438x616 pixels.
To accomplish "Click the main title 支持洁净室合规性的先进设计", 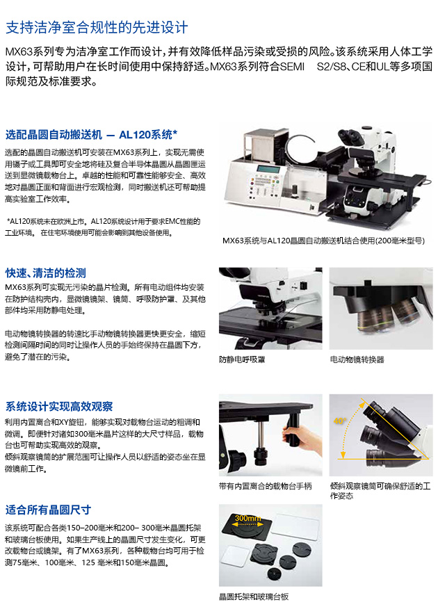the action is tap(97, 28).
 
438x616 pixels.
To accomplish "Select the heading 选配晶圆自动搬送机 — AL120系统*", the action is tap(91, 135).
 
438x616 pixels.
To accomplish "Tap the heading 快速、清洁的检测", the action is tap(46, 273).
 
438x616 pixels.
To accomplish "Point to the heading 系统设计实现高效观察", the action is tap(59, 406).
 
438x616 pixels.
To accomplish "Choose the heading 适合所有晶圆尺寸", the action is tap(48, 510).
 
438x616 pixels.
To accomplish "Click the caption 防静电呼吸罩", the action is tap(242, 359).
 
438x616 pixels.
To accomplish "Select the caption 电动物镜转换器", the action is tap(357, 359).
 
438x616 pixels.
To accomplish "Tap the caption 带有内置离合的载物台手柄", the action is tap(266, 487).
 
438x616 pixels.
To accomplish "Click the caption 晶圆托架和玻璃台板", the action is tap(254, 597).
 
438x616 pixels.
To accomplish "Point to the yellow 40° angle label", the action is tap(340, 421).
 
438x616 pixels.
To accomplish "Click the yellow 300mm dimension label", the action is tap(248, 518).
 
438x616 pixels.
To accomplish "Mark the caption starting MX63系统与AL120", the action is tap(324, 241).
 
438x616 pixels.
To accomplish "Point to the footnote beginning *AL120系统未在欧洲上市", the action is tap(103, 227).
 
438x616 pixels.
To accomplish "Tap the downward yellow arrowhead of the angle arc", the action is tap(343, 455).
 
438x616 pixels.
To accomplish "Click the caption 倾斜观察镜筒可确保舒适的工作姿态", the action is tap(380, 491).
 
